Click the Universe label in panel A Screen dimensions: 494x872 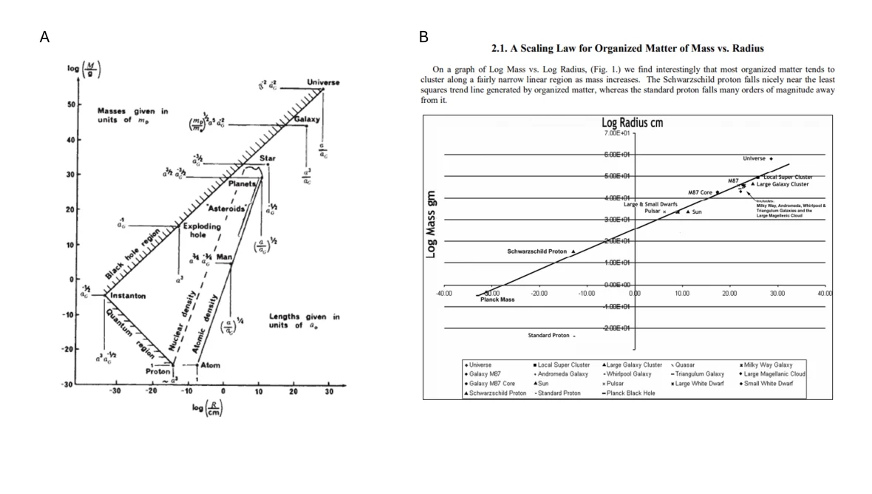323,82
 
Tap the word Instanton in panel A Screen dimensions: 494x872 128,296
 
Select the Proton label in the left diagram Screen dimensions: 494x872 158,371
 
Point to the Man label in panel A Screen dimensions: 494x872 224,257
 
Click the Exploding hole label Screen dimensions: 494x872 202,231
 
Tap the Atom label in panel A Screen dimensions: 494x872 210,365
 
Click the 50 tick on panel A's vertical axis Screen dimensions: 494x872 72,104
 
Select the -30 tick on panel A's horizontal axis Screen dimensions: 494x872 115,391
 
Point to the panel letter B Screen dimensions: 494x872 423,36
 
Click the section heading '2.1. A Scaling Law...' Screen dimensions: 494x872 627,48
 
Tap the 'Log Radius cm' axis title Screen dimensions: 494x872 633,123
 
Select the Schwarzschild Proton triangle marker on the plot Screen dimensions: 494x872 573,251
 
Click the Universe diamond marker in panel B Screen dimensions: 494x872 771,158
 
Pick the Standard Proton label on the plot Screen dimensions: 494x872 548,335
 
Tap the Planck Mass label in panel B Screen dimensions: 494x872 497,300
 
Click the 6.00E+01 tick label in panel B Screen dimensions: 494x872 615,155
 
